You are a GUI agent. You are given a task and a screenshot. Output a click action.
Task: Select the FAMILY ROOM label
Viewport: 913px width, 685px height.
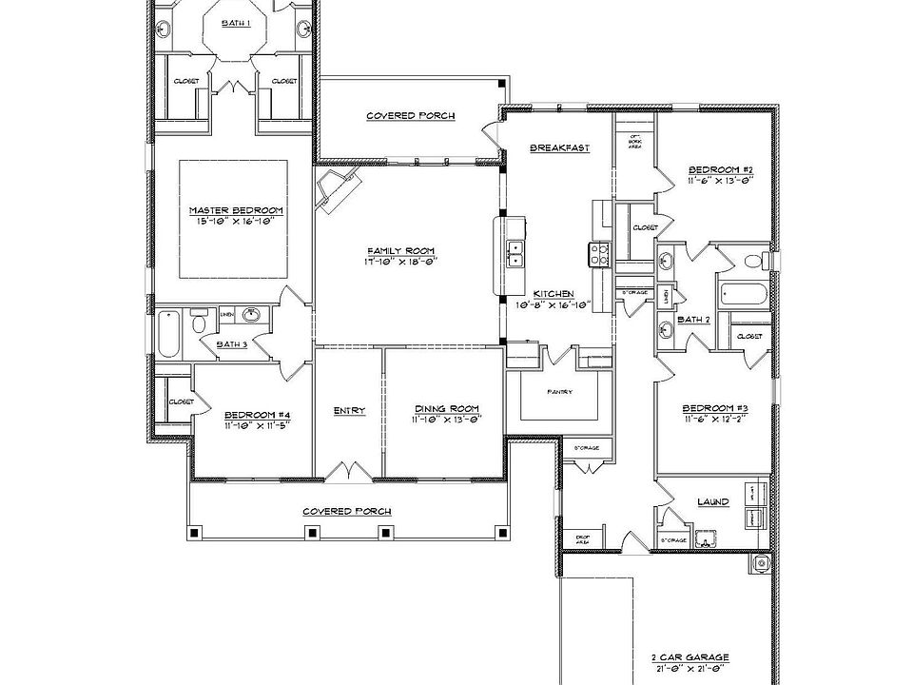coord(401,250)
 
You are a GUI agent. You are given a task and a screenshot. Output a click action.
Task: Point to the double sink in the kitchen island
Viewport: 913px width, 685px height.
coord(515,253)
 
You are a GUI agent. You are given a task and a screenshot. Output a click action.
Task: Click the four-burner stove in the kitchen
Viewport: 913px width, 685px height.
coord(601,253)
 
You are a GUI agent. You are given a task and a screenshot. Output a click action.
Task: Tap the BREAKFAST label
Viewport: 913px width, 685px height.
coord(559,147)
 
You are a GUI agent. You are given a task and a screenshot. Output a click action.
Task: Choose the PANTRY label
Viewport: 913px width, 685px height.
coord(559,391)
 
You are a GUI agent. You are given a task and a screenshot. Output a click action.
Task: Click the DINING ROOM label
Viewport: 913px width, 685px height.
coord(445,411)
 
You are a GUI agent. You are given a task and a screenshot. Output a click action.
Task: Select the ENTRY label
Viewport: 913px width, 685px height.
coord(349,411)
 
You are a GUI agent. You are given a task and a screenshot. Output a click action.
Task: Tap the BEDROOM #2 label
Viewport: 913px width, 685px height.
coord(720,171)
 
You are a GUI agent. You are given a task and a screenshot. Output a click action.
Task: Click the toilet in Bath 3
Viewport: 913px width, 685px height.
coord(199,323)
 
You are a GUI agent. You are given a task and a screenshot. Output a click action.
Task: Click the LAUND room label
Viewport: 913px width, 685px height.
coord(712,501)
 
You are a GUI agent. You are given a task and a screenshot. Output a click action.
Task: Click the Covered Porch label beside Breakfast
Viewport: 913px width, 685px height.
coord(410,116)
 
